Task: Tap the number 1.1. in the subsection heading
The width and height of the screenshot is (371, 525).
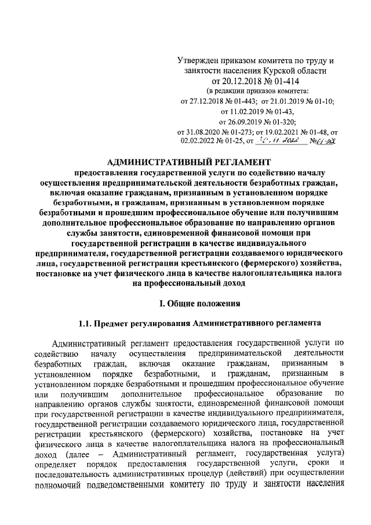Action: tap(87, 323)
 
